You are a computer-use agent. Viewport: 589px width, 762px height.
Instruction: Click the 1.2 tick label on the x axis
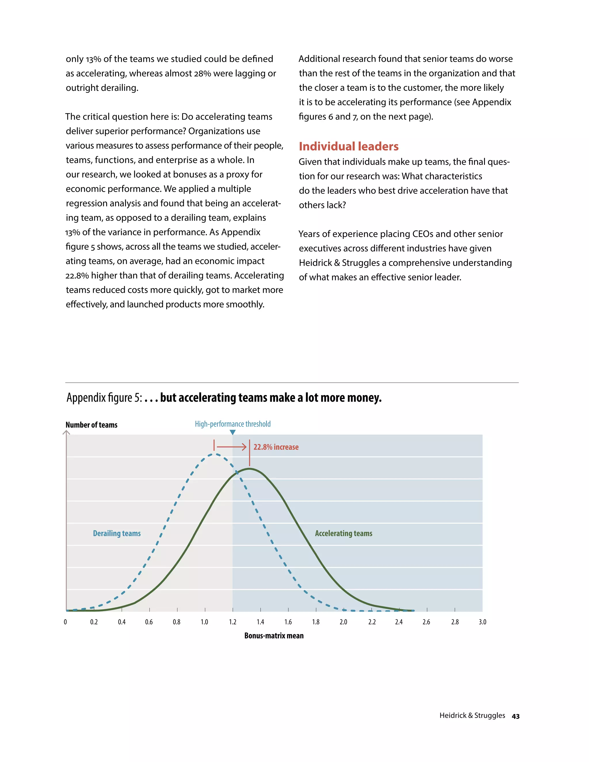[232, 622]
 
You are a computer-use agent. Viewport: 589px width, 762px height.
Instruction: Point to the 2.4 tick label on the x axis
[399, 622]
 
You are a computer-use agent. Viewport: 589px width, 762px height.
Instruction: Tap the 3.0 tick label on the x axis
[482, 622]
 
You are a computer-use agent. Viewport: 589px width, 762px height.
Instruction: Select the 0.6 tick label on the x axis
[149, 622]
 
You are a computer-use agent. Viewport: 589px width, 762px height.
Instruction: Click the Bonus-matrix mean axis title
[274, 636]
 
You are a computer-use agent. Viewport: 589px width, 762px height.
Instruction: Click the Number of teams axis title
[91, 425]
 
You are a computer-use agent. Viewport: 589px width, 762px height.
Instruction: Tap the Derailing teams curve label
[117, 533]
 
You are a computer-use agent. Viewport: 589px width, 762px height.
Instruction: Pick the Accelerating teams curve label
[343, 533]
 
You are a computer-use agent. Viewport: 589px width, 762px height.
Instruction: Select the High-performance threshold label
[233, 424]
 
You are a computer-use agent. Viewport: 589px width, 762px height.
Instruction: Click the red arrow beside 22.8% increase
[231, 447]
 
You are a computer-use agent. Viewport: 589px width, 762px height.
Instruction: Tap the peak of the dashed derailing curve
[216, 454]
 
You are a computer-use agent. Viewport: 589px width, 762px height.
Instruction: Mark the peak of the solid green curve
[249, 469]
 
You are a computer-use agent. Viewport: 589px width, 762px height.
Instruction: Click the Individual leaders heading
[349, 146]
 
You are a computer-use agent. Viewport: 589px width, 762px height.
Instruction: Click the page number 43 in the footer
[515, 716]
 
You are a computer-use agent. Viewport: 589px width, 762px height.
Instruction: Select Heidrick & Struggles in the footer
[472, 716]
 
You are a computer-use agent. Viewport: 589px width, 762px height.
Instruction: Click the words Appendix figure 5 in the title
[104, 398]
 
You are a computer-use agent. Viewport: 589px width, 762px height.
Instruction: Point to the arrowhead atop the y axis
[66, 433]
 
